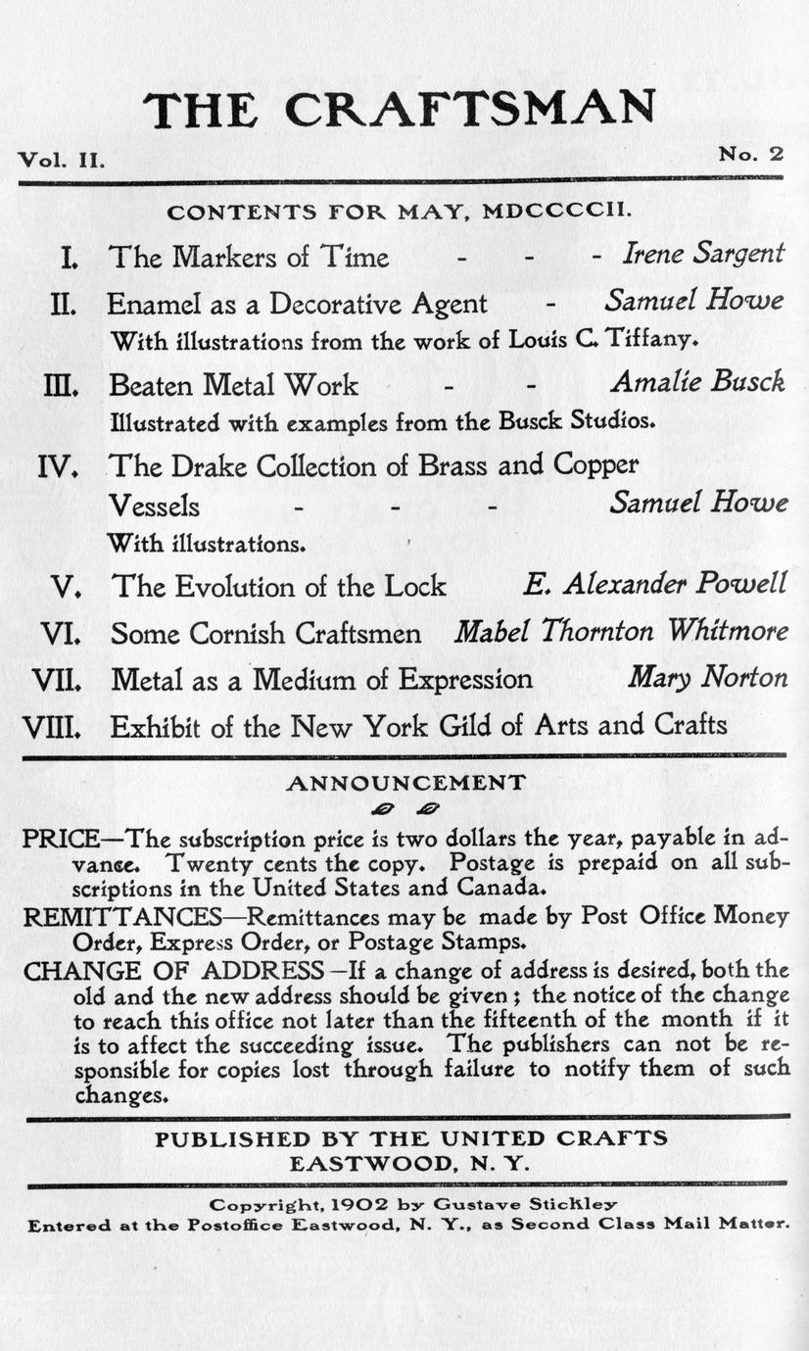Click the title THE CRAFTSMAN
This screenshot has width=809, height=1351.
[x=400, y=109]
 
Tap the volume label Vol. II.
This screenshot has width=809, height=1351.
[x=60, y=159]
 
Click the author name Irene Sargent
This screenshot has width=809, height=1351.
[x=703, y=255]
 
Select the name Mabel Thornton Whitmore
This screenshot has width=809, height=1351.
[x=621, y=632]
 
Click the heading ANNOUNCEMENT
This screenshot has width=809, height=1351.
[x=404, y=783]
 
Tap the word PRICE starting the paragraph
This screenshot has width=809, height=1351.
[x=61, y=839]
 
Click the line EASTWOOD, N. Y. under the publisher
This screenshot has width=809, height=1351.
[x=409, y=1164]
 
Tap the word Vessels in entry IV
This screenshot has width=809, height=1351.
[x=153, y=506]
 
